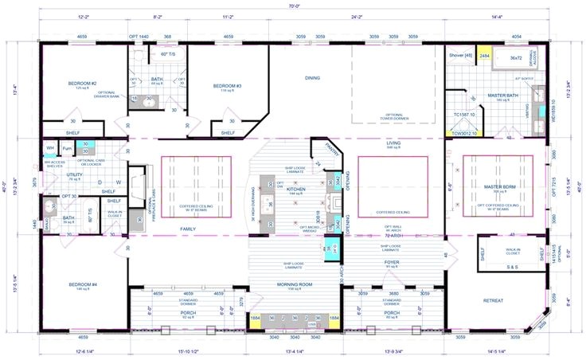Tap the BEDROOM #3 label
click(226, 85)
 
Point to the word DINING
click(312, 78)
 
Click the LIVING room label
click(393, 143)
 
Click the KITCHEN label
click(295, 190)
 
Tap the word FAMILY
click(189, 229)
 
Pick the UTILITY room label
click(74, 174)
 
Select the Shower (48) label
click(461, 56)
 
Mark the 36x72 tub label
click(516, 57)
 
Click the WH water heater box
click(50, 148)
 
